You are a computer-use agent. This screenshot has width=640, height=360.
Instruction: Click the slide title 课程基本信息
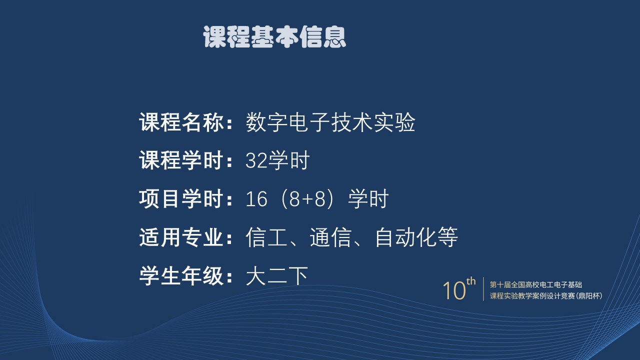point(274,37)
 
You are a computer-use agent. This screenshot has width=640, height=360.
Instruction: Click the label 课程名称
point(181,122)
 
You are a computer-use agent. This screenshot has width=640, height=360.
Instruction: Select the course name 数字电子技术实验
point(330,122)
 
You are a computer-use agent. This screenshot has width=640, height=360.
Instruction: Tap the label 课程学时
point(181,160)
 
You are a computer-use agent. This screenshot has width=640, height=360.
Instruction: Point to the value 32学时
point(277,160)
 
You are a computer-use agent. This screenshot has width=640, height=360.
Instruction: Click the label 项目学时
point(181,198)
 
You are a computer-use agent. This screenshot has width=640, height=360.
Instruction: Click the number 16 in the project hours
point(256,199)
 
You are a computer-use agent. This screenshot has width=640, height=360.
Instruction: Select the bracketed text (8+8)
point(307,199)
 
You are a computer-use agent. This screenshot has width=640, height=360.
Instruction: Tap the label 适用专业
point(181,237)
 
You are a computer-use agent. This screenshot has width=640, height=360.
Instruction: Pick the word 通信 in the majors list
point(330,237)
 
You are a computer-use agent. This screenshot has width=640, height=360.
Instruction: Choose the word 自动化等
point(416,237)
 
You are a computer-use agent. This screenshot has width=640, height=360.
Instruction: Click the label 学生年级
point(181,275)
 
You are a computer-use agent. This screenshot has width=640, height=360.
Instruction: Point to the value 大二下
point(277,276)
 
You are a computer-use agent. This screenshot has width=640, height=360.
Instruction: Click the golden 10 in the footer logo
point(454,290)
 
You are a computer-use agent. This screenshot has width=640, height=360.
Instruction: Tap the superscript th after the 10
point(471,281)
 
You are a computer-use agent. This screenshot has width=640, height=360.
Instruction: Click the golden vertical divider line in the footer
point(483,289)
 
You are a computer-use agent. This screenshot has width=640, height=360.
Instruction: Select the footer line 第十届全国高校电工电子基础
point(536,284)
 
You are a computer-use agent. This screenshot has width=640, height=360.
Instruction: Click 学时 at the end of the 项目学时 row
point(368,198)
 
